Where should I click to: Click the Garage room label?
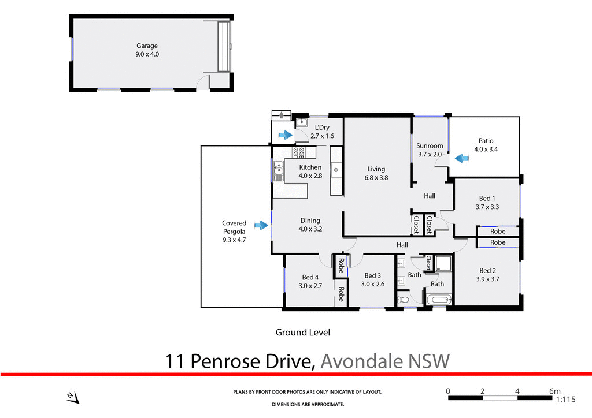click(x=147, y=46)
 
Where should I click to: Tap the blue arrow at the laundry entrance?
click(x=286, y=135)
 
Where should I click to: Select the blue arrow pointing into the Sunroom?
click(x=461, y=157)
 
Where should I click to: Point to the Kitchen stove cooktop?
click(x=299, y=152)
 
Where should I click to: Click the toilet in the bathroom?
click(x=404, y=300)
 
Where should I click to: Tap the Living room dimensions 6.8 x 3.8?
click(x=377, y=178)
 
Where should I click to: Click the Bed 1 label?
click(x=487, y=199)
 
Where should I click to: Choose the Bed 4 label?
click(x=310, y=277)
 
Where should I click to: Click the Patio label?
click(x=486, y=141)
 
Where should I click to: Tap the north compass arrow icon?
click(x=72, y=397)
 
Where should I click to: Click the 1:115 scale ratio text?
click(x=567, y=399)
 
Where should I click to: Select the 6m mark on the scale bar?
click(x=554, y=391)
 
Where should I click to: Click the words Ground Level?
click(x=302, y=333)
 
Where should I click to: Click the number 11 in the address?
click(x=175, y=361)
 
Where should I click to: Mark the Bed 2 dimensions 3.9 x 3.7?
click(x=487, y=279)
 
